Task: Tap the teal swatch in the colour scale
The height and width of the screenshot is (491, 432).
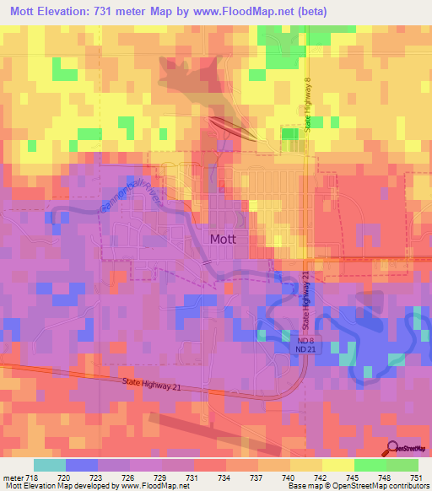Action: point(50,465)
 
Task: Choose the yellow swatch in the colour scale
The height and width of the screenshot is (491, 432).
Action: point(337,465)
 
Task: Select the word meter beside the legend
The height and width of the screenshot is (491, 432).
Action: point(12,477)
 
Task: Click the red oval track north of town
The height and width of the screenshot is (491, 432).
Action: point(233,128)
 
